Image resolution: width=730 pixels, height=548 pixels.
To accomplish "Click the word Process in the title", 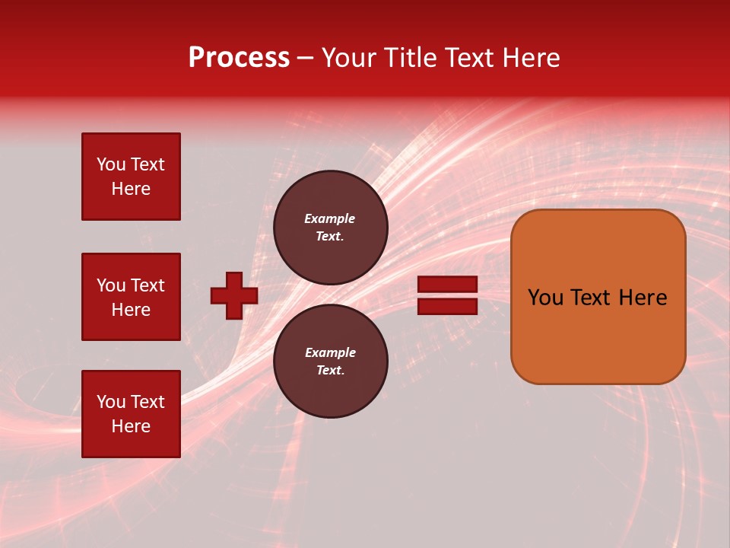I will pyautogui.click(x=239, y=58).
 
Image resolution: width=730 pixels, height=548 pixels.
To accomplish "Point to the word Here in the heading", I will pyautogui.click(x=529, y=58).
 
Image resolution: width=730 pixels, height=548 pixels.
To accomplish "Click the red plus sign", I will pyautogui.click(x=234, y=295).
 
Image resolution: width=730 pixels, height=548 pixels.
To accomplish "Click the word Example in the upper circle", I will pyautogui.click(x=329, y=218).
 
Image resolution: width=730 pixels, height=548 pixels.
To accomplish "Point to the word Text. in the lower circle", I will pyautogui.click(x=330, y=370).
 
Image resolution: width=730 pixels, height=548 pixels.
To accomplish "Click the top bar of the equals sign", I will pyautogui.click(x=448, y=285).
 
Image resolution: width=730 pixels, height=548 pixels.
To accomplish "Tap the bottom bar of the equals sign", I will pyautogui.click(x=448, y=306).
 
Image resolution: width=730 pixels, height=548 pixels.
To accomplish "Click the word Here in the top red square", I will pyautogui.click(x=131, y=189).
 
